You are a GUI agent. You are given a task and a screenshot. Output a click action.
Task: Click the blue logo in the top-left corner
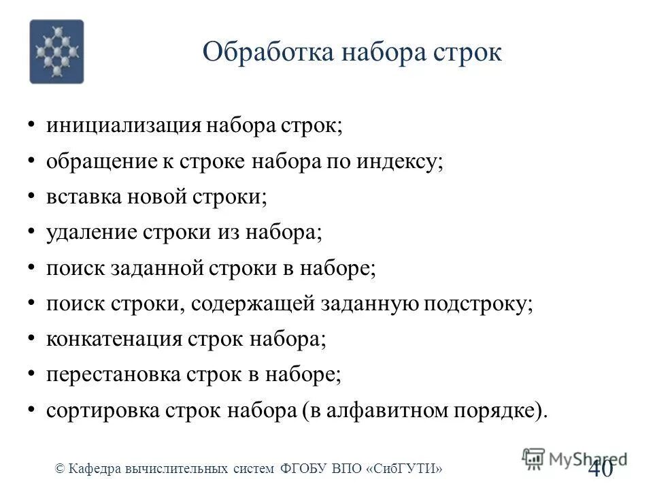pos(56,52)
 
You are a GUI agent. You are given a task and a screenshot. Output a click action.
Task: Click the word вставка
pos(83,197)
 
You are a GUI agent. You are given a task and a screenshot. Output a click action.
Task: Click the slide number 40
pos(599,468)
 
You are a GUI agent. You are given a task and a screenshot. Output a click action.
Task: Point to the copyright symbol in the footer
pos(60,468)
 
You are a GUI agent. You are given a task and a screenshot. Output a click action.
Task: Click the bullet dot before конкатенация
pos(32,338)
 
